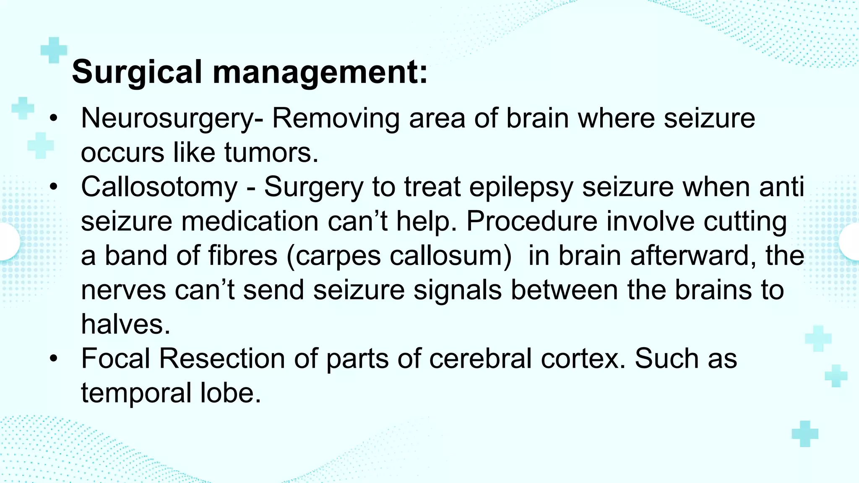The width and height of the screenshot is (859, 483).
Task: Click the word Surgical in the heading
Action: coord(137,72)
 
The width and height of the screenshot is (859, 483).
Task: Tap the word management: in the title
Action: coord(320,72)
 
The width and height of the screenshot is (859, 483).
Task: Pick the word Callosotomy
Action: coord(159,187)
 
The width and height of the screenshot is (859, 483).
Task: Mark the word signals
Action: coord(458,290)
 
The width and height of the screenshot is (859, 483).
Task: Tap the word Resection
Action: coord(222,359)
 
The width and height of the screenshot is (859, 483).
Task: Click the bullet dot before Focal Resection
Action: coord(53,359)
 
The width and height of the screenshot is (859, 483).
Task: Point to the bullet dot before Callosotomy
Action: coord(53,187)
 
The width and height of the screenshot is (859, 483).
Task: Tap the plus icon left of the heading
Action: coord(54,50)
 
